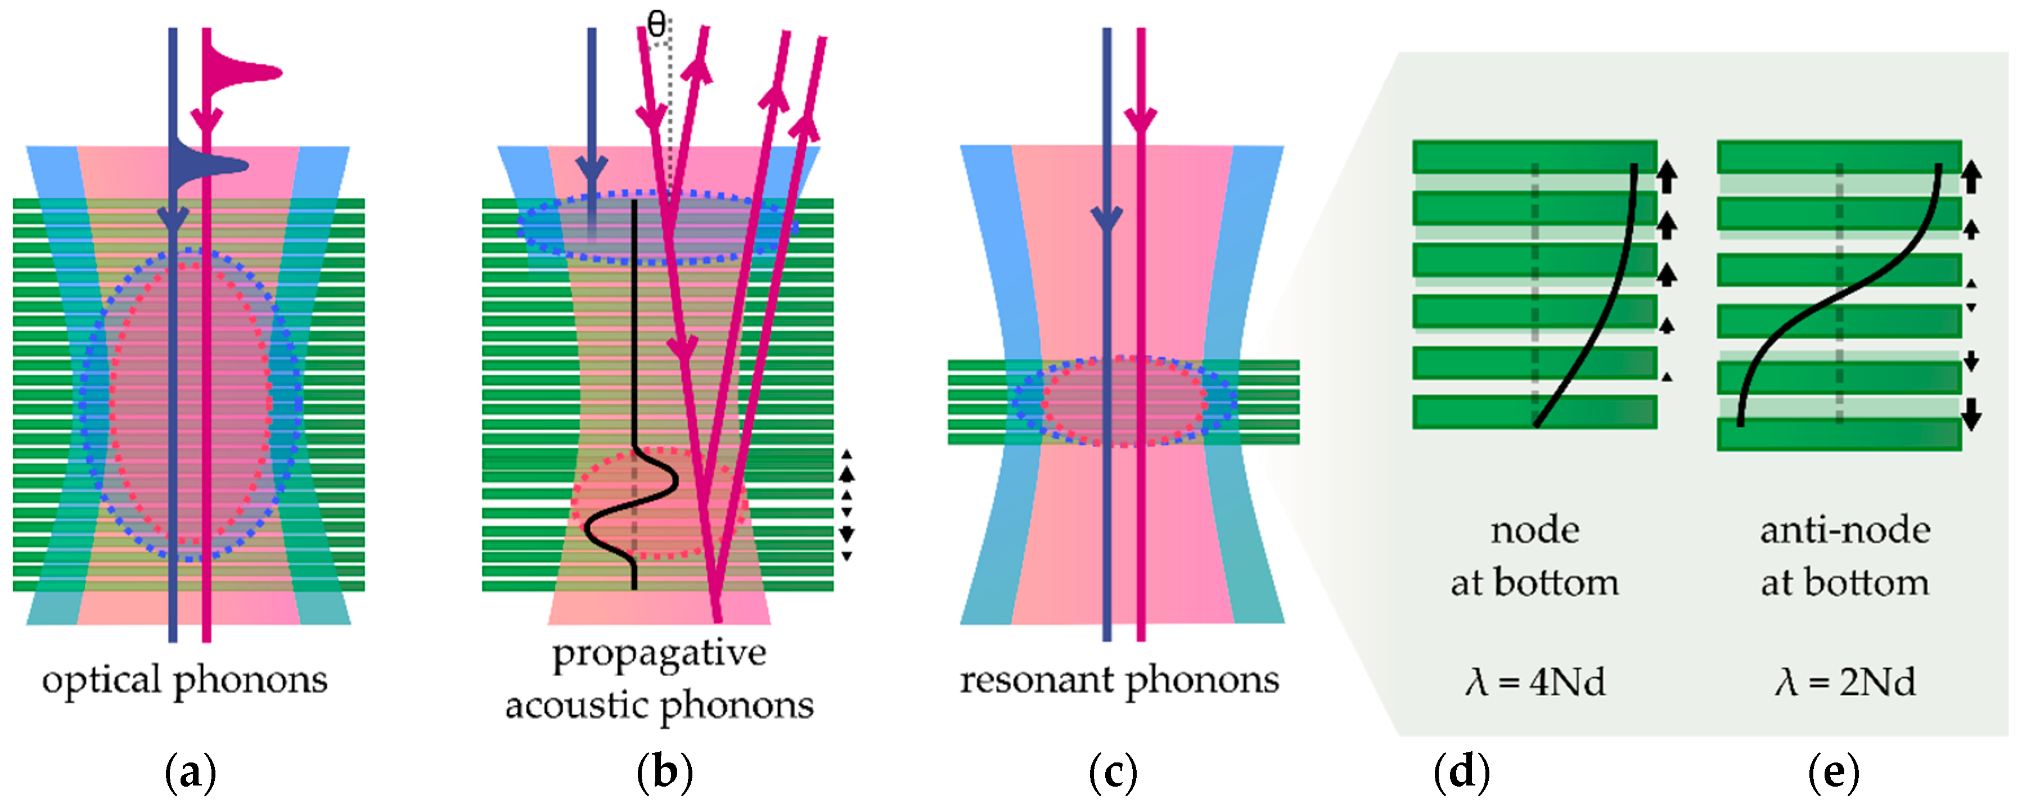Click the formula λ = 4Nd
tap(1534, 681)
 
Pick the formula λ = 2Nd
tap(1845, 681)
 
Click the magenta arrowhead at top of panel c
tap(1141, 120)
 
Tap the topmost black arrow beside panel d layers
tap(1667, 176)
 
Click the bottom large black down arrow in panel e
tap(1971, 414)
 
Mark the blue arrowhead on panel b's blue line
tap(591, 169)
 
